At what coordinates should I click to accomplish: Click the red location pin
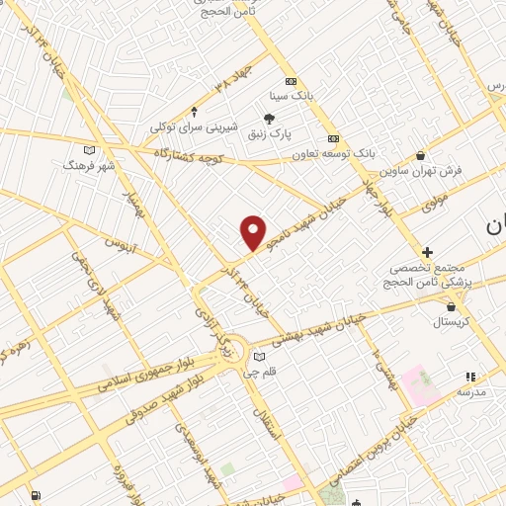coord(254,232)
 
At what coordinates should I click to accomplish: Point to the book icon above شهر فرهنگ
coord(90,149)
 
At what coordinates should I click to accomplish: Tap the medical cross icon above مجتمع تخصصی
coord(427,253)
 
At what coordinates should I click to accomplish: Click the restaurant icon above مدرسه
coord(470,377)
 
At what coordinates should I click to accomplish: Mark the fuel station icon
coord(37,495)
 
